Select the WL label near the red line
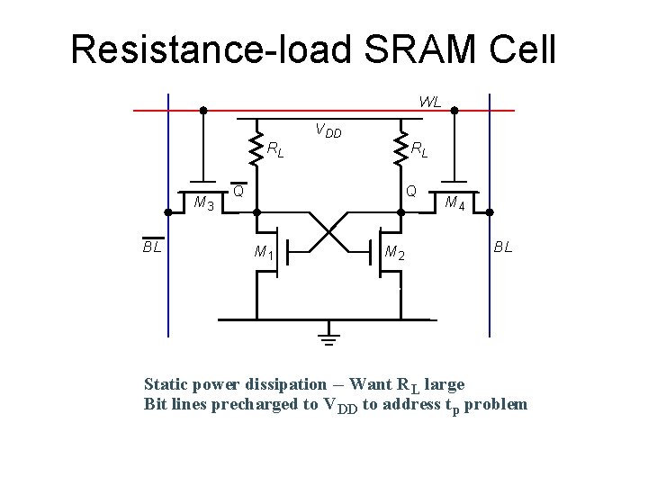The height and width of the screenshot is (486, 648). pyautogui.click(x=429, y=102)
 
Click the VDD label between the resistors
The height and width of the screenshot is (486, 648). pyautogui.click(x=328, y=131)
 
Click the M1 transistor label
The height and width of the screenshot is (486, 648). pyautogui.click(x=264, y=252)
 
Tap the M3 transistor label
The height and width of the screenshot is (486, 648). pyautogui.click(x=204, y=203)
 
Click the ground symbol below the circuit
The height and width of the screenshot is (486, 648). pyautogui.click(x=328, y=335)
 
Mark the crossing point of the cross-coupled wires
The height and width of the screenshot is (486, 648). pyautogui.click(x=328, y=230)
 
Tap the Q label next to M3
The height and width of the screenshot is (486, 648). pyautogui.click(x=238, y=191)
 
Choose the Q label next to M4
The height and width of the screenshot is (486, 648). pyautogui.click(x=410, y=191)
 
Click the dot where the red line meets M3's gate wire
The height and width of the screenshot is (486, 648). pyautogui.click(x=203, y=111)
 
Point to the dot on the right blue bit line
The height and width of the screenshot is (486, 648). pyautogui.click(x=490, y=211)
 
